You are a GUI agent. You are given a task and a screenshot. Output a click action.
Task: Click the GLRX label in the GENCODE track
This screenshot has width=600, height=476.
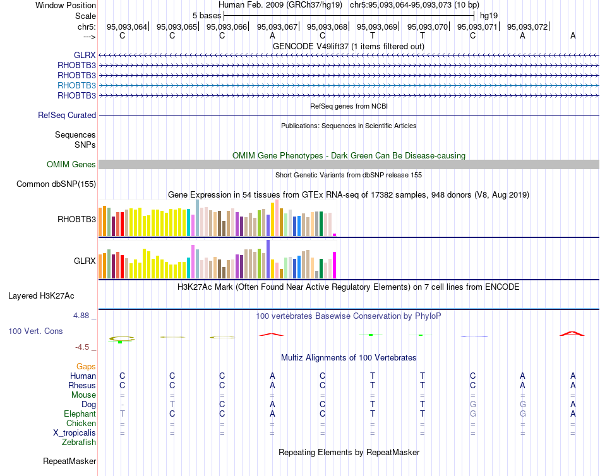(x=85, y=55)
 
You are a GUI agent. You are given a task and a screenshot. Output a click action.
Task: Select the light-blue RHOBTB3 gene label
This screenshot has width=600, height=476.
(x=76, y=85)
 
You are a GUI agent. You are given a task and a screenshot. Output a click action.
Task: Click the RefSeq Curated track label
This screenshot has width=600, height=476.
(x=67, y=116)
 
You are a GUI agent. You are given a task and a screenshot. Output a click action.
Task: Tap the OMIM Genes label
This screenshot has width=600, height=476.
(x=71, y=165)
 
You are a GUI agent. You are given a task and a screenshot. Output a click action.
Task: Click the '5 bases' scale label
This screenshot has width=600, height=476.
(x=207, y=15)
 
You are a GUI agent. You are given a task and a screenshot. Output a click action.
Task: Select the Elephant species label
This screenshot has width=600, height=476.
(x=80, y=414)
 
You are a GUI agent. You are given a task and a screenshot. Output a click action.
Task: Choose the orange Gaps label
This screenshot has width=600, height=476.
(x=86, y=366)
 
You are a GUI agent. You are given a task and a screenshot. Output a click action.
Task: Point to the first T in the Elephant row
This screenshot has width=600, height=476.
(x=123, y=414)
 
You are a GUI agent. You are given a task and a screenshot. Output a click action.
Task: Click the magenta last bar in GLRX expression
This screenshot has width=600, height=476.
(x=335, y=265)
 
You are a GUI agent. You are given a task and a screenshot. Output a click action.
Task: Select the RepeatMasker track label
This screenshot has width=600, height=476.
(x=69, y=461)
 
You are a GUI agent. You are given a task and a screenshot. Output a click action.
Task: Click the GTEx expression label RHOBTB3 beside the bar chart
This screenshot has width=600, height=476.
(x=76, y=220)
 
